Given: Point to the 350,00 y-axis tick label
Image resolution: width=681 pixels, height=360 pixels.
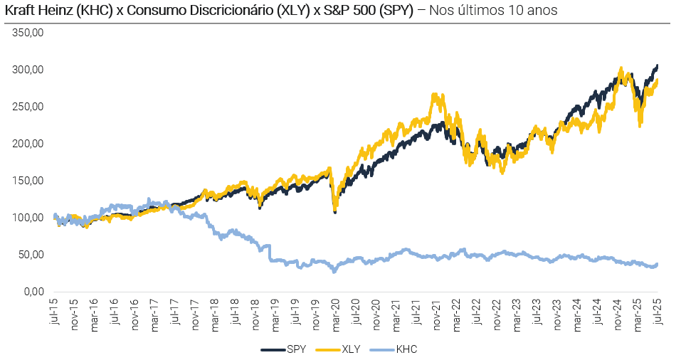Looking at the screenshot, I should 29,33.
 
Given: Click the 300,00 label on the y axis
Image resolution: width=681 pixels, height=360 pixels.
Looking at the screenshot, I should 29,70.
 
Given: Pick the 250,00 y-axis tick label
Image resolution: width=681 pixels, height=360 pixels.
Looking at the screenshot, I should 29,107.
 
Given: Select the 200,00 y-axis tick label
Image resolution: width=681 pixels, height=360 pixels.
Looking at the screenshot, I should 29,144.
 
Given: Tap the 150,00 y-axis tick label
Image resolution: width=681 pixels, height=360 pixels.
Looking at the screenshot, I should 29,181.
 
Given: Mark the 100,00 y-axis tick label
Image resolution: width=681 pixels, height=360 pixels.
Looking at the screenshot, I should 29,218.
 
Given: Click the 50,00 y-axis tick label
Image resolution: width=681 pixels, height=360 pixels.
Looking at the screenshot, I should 32,255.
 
